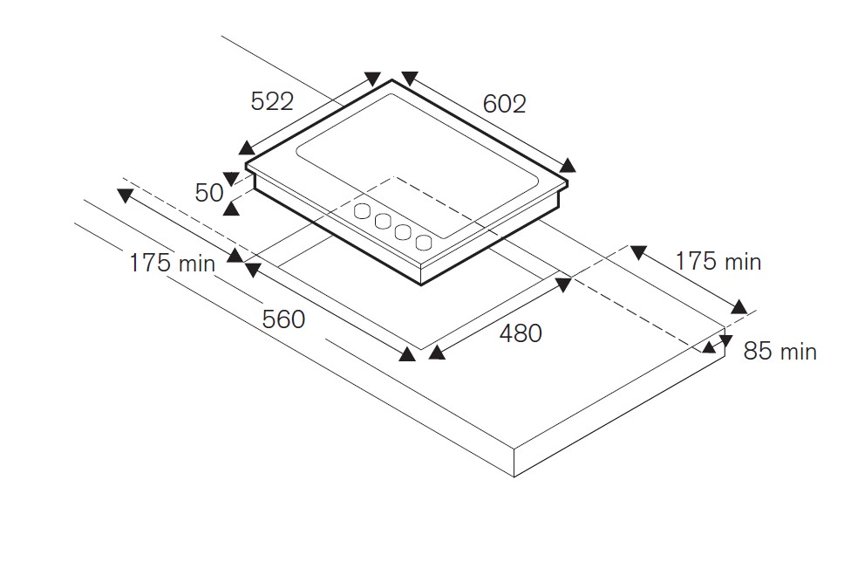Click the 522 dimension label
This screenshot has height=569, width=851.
point(272,101)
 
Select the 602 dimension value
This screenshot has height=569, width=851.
point(504,104)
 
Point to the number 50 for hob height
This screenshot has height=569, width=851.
point(209,192)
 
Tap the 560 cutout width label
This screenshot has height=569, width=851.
point(284,319)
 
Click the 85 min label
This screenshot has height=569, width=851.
point(780,352)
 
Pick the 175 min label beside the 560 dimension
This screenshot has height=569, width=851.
point(172,262)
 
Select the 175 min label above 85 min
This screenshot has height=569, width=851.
point(718,261)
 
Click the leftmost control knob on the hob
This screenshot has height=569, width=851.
point(362,210)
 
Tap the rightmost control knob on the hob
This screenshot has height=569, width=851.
point(424,242)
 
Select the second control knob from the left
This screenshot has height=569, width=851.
point(383,221)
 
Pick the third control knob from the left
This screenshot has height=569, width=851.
point(403,231)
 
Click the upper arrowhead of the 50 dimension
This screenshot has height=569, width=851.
point(230,179)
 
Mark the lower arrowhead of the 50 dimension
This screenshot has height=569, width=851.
point(232,207)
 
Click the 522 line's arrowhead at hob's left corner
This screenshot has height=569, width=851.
point(246,148)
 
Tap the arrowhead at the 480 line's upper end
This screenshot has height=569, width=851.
point(563,283)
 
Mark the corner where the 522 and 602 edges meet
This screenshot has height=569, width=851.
point(392,80)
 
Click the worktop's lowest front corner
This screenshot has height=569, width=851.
point(514,476)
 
